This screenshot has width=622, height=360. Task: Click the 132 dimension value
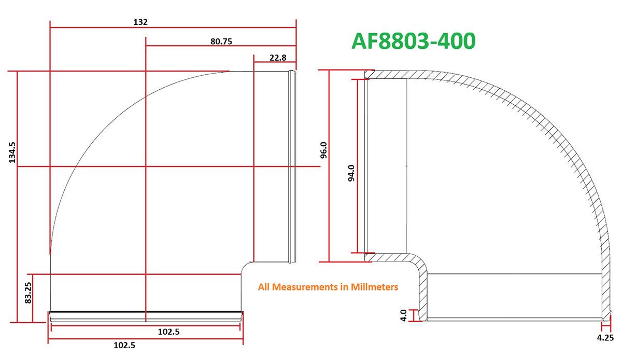(140, 22)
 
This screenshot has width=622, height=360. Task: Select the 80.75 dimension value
(221, 41)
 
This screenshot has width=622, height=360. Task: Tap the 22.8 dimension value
(278, 58)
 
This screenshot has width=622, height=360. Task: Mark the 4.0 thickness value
(404, 315)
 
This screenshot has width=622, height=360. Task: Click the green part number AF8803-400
(413, 41)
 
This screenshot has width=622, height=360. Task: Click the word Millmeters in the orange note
(374, 286)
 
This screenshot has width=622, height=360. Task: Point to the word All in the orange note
(264, 286)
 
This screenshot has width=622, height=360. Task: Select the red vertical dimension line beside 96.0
(329, 207)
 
